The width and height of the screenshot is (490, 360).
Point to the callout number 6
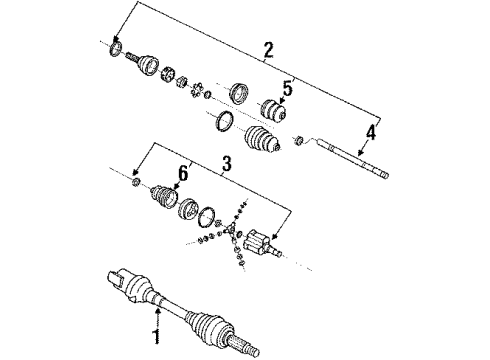(x=183, y=174)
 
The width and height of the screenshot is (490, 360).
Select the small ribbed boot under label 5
(x=274, y=114)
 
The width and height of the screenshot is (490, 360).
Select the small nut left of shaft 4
(x=298, y=139)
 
